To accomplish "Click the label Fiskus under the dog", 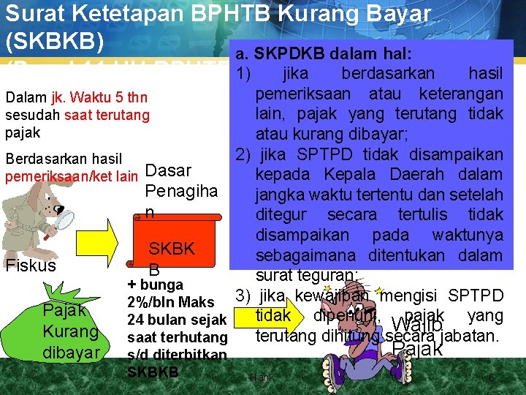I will pyautogui.click(x=31, y=266).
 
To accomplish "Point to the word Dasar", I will pyautogui.click(x=169, y=170).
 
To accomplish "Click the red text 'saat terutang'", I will pyautogui.click(x=107, y=114).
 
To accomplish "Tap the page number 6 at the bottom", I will pyautogui.click(x=492, y=378).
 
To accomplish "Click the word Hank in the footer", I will pyautogui.click(x=261, y=378).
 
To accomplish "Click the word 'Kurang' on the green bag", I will pyautogui.click(x=71, y=331).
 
